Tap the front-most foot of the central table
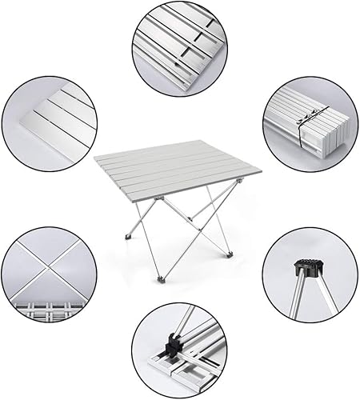[x=164, y=278]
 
